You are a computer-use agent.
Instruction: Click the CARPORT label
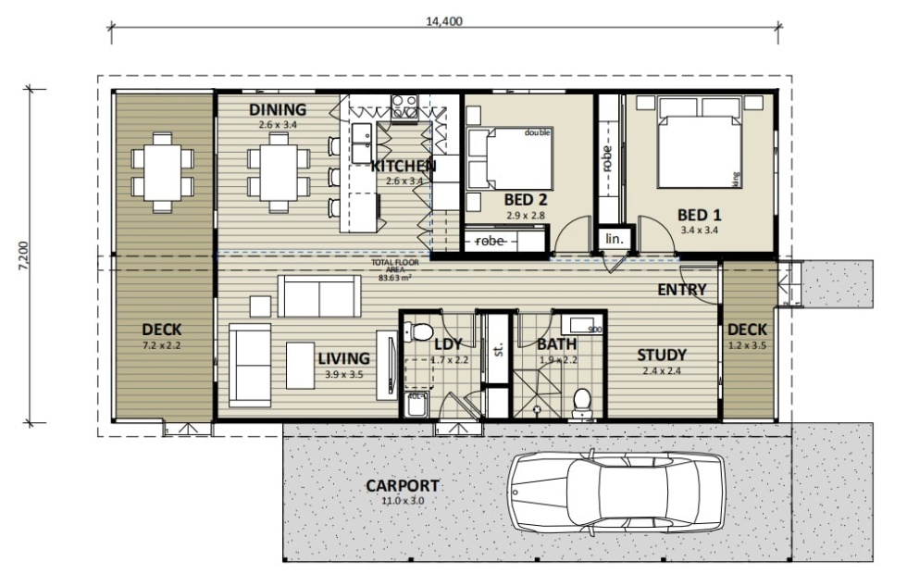coord(402,486)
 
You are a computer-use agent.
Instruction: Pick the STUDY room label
coord(662,355)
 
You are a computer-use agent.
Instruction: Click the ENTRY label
coord(682,290)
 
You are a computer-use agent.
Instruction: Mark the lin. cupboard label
coord(614,239)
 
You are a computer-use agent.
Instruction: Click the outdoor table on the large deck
coord(163,172)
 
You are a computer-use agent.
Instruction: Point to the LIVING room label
coord(343,358)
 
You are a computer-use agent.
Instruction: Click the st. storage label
coord(497,350)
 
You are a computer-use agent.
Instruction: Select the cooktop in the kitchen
coord(404,106)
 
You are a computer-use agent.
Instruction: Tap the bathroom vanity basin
coord(582,326)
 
